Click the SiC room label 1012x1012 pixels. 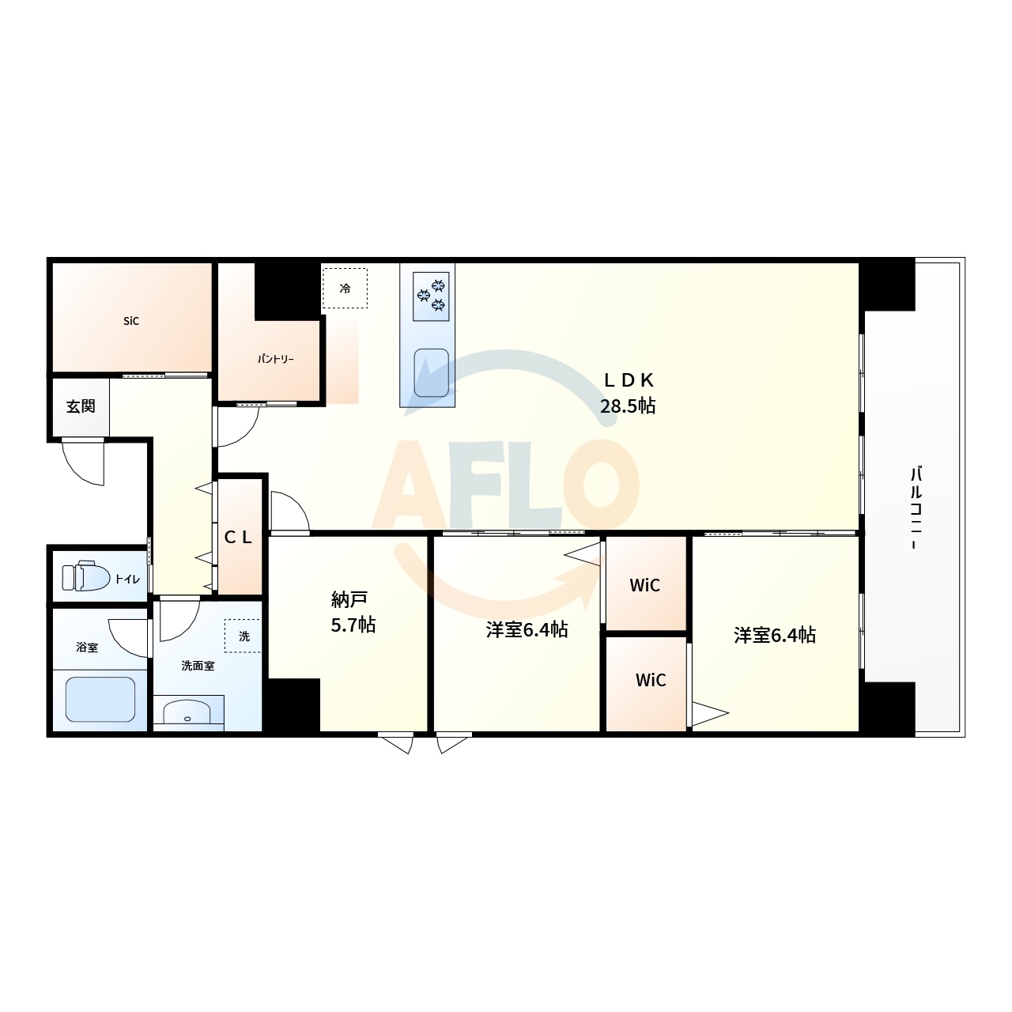coord(131,321)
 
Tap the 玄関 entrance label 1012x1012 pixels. coord(81,406)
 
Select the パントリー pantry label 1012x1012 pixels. coord(275,359)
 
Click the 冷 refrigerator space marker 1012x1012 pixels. coord(345,289)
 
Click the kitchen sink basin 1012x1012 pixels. coord(431,372)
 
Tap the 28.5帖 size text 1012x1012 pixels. coord(628,406)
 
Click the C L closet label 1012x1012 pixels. coord(238,538)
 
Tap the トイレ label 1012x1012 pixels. coord(127,580)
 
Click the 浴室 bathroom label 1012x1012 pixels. coord(87,648)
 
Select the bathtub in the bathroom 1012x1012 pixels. coord(100,699)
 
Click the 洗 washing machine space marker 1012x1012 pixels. coord(244,636)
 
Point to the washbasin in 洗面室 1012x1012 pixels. coord(187,713)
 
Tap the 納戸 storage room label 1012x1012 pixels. coord(349,599)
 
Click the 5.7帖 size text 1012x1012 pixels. coord(353,625)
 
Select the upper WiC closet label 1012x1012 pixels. coord(644,585)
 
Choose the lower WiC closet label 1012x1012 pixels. coord(651,680)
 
